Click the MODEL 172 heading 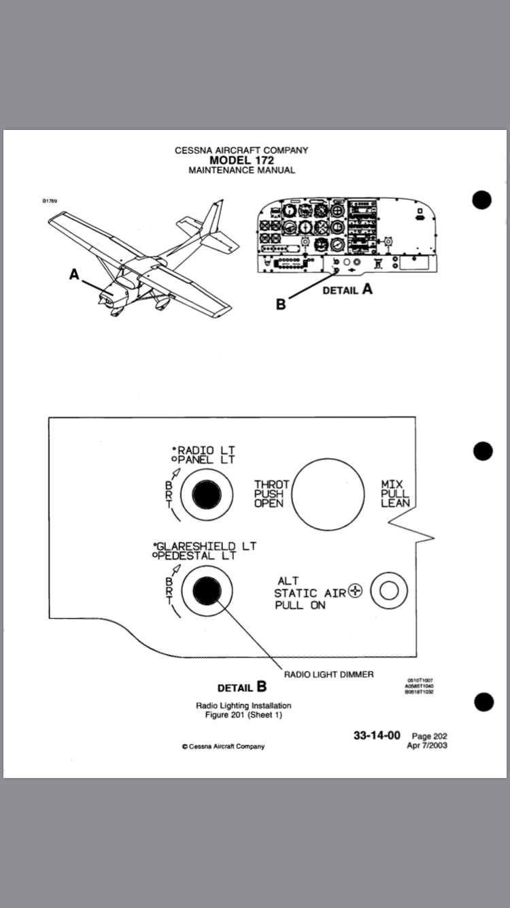(241, 160)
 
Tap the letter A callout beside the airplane (74, 274)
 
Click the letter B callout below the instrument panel (281, 304)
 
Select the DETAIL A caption (348, 289)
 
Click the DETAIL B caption (241, 687)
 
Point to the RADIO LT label (205, 450)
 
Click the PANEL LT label (206, 459)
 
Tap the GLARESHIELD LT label (198, 546)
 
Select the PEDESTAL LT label (197, 555)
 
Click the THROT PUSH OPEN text (271, 494)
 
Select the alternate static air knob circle (389, 591)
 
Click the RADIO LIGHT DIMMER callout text (328, 675)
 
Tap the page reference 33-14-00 (377, 736)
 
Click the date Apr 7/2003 (426, 745)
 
